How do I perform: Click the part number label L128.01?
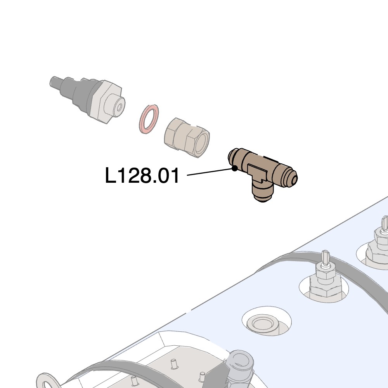click(x=142, y=175)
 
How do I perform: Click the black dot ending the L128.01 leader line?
click(x=235, y=168)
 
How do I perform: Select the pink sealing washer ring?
click(x=149, y=119)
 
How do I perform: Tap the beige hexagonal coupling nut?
click(x=187, y=138)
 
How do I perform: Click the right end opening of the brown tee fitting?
click(x=293, y=178)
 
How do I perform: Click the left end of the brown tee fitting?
click(x=232, y=157)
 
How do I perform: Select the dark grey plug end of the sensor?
click(x=62, y=87)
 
